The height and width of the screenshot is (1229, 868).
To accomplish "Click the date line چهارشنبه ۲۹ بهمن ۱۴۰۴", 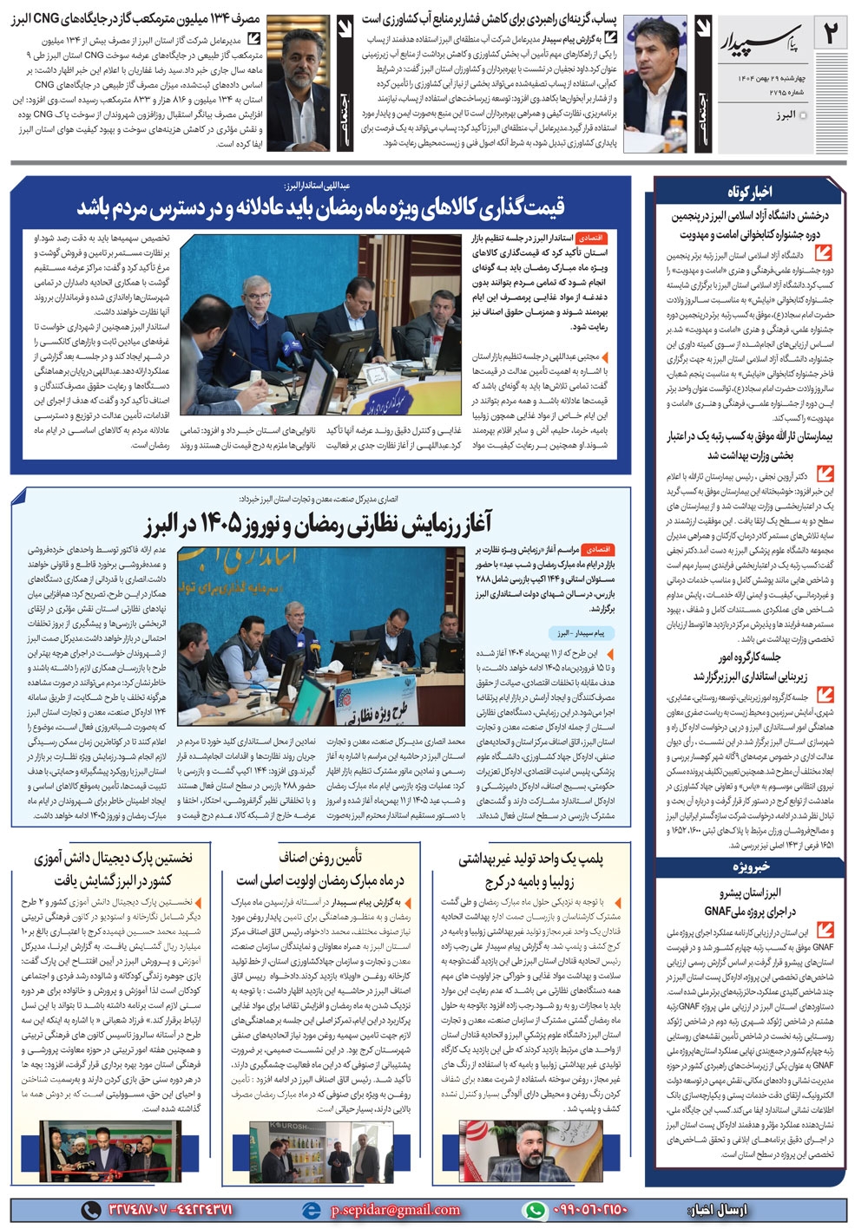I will [765, 78].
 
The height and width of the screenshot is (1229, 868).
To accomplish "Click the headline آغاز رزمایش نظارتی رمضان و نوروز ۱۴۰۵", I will [318, 522].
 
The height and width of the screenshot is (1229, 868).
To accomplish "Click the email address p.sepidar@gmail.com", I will [395, 1209].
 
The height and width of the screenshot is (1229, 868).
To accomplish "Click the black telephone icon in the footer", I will [89, 1209].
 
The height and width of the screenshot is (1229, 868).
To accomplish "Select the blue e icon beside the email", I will [311, 1209].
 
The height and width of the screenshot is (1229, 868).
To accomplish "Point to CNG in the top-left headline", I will [44, 19].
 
